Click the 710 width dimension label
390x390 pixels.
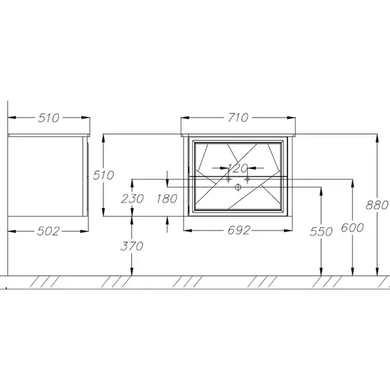[238, 118]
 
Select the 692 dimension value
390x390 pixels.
[239, 231]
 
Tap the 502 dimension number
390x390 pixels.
[49, 231]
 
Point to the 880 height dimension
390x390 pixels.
[377, 205]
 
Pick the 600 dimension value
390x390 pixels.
[352, 228]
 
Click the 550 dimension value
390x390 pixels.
[321, 232]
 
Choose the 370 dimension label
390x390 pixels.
[131, 246]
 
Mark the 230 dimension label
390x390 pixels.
[132, 198]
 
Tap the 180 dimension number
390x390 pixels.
[167, 198]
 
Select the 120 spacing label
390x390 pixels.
[238, 168]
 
